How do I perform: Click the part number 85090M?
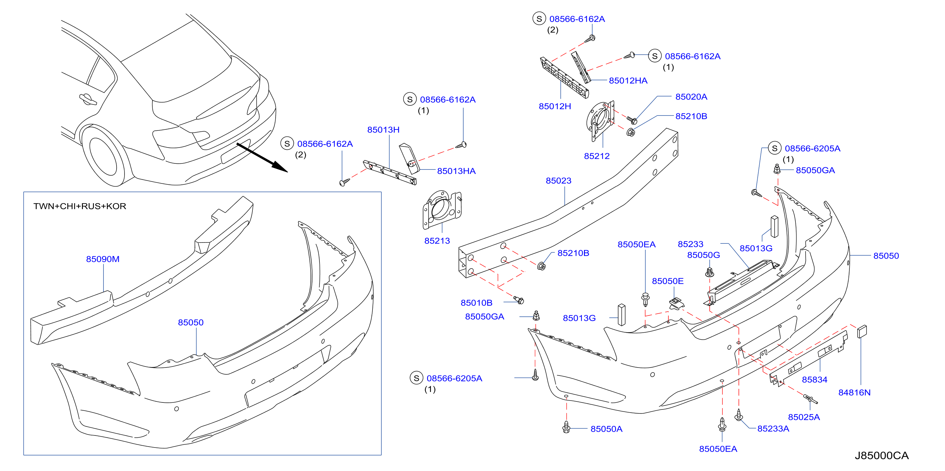tap(103, 259)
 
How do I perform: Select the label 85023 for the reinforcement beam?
tap(558, 181)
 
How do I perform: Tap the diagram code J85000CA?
tap(881, 455)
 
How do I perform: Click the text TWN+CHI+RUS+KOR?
tap(80, 206)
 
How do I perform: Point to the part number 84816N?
tap(855, 393)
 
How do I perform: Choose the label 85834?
tap(814, 380)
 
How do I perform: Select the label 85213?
tap(437, 241)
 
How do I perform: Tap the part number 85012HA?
tap(628, 81)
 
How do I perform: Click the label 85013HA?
tap(456, 171)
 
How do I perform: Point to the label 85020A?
tap(691, 97)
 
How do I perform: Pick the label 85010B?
tap(477, 303)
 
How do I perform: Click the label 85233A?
tap(773, 428)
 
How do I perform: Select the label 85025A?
tap(804, 417)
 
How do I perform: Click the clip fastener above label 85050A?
tap(566, 427)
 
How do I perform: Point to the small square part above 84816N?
tap(862, 331)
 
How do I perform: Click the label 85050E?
tap(668, 281)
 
